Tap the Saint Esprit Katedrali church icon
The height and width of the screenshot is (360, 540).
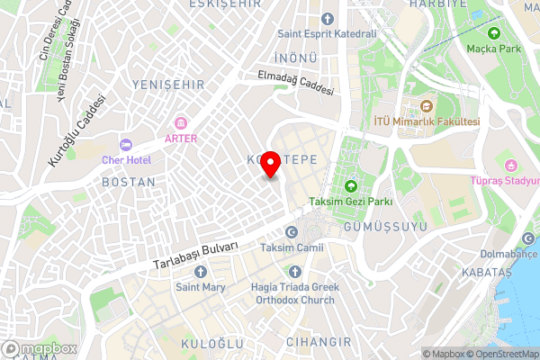click(328, 18)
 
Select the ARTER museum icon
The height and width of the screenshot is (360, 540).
click(181, 122)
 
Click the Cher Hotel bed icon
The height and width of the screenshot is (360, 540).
click(126, 144)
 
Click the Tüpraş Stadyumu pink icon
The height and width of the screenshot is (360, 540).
click(512, 165)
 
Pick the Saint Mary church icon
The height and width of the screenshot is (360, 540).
click(200, 272)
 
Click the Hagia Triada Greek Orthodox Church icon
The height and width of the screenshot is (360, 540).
click(293, 272)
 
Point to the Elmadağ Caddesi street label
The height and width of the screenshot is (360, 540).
click(295, 85)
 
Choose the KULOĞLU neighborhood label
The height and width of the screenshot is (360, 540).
click(212, 345)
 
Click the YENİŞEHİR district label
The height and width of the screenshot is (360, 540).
click(168, 85)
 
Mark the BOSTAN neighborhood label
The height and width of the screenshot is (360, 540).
click(130, 182)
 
